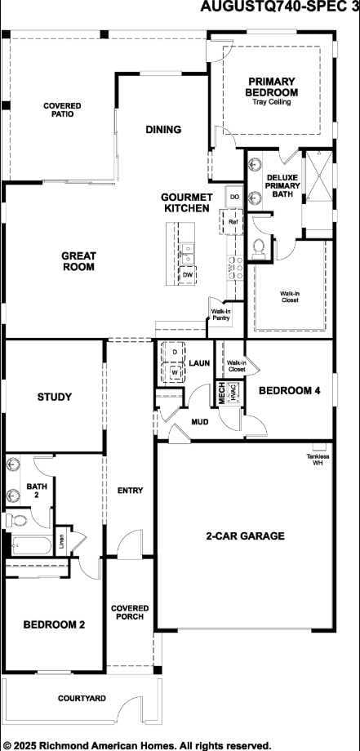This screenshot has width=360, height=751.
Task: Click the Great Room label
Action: [78, 261]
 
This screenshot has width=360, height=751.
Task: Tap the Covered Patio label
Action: [62, 109]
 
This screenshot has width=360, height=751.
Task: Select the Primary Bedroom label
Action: [272, 87]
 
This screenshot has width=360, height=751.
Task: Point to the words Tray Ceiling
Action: [272, 102]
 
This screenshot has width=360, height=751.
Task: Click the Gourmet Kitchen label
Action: [188, 202]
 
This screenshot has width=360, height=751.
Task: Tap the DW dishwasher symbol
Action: [188, 275]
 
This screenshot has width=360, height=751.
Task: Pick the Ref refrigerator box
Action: [233, 221]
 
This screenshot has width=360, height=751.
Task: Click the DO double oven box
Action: [234, 197]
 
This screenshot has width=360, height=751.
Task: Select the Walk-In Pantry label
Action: [220, 314]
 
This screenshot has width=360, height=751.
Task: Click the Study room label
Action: [55, 398]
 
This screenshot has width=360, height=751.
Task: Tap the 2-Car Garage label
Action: [245, 536]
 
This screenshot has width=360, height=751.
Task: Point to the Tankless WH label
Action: [318, 460]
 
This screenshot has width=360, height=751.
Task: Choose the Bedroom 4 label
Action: [289, 391]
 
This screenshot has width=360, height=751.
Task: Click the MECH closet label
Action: [221, 392]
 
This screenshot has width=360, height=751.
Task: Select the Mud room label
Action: [200, 422]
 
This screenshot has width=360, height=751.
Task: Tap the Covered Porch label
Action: [130, 612]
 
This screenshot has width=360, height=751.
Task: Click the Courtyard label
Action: [82, 699]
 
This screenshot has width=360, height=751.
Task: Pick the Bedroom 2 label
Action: [54, 624]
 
